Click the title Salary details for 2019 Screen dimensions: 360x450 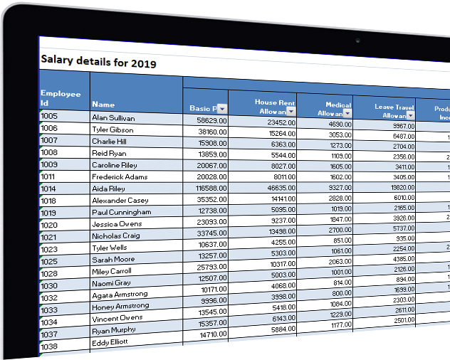[98, 63]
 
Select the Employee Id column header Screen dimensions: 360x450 [61, 97]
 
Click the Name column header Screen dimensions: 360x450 [103, 105]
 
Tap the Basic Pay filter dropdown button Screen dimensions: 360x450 [221, 108]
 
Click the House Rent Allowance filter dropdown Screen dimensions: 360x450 [291, 112]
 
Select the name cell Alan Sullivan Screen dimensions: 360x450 [113, 118]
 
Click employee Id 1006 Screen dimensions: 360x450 [49, 128]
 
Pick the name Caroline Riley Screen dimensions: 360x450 [115, 165]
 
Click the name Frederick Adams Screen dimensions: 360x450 [120, 176]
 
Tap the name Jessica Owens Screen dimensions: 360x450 [117, 224]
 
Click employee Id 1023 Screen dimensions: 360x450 [49, 249]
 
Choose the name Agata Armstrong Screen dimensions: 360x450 [120, 294]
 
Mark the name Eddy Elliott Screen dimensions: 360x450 [110, 342]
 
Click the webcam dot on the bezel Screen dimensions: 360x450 [357, 39]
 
